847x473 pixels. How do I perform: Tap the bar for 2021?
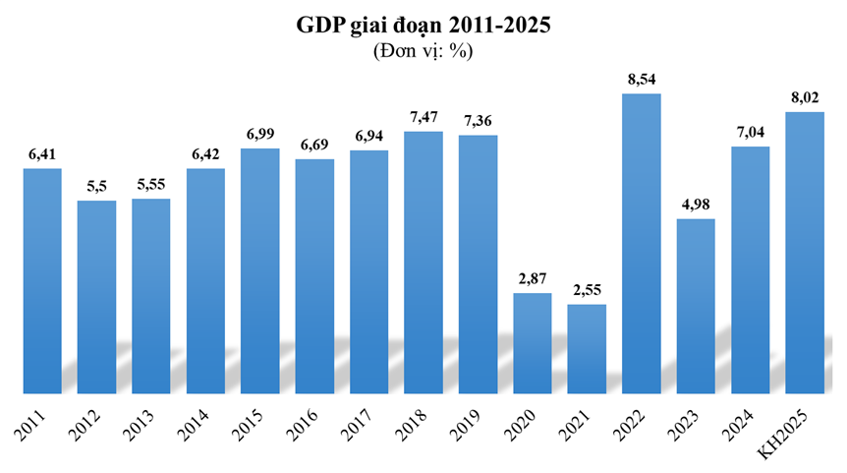[x=587, y=349]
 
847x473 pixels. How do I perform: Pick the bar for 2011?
[x=42, y=281]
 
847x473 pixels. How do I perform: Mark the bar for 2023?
[x=696, y=306]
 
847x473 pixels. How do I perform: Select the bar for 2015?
[x=260, y=271]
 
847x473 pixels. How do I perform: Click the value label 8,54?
[x=642, y=79]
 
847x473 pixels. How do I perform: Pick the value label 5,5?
[x=96, y=187]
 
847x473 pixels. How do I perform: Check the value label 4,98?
[x=696, y=205]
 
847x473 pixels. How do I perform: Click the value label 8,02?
[x=805, y=97]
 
